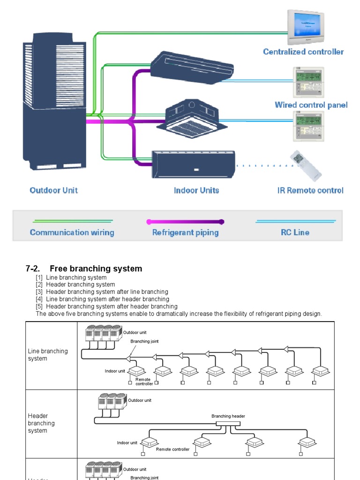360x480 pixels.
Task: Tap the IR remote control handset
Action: pos(306,165)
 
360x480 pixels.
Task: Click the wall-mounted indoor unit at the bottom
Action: pos(193,164)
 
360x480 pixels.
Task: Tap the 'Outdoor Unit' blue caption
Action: pos(53,190)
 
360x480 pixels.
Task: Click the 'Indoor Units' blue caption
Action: pos(196,190)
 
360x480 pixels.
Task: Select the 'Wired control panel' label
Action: pos(311,105)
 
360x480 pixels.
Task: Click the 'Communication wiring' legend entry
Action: pos(72,232)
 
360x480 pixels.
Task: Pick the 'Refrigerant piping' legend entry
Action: pos(185,232)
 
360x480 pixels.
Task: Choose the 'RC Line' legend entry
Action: pos(295,232)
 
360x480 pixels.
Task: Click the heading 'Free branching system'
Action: pos(96,269)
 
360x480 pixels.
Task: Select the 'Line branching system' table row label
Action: pos(47,355)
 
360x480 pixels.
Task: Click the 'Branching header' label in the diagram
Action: pos(228,416)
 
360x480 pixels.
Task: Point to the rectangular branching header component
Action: pos(228,423)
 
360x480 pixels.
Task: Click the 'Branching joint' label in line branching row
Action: pos(144,341)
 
